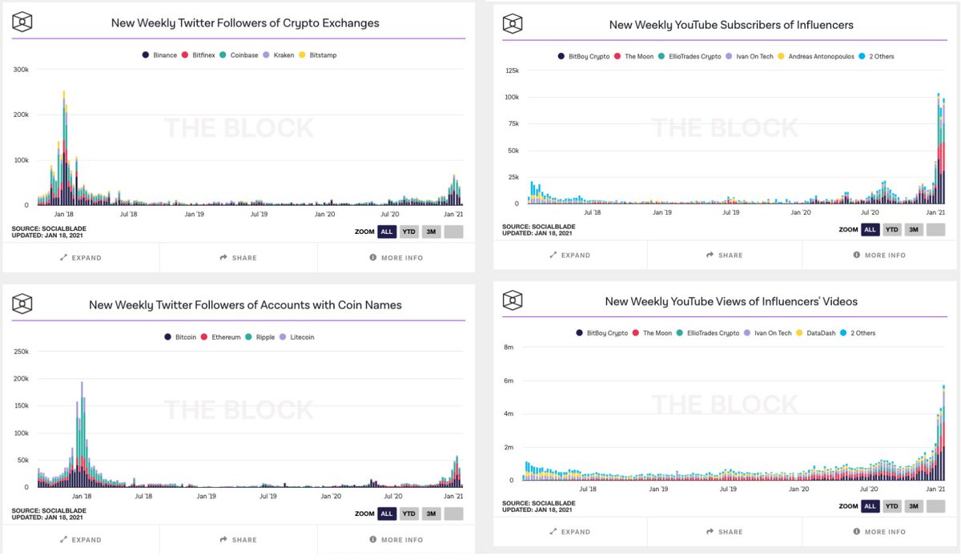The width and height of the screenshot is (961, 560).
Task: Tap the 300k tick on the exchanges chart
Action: coord(21,70)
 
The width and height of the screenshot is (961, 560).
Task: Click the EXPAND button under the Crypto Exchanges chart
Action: coord(81,258)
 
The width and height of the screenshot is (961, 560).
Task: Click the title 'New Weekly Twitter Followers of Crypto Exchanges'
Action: coord(245,23)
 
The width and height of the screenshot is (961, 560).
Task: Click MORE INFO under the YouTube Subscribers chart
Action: coord(879,256)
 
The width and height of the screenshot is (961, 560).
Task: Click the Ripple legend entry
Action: coord(260,337)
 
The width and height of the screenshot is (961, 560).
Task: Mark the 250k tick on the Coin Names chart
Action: coord(21,352)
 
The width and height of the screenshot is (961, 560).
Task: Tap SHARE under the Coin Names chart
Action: coord(239,540)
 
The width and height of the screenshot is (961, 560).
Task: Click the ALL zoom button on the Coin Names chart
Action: coord(386,514)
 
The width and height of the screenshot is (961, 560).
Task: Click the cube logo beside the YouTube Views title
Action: coord(513,301)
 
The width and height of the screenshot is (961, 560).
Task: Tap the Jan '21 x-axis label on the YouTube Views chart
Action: coord(935,489)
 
